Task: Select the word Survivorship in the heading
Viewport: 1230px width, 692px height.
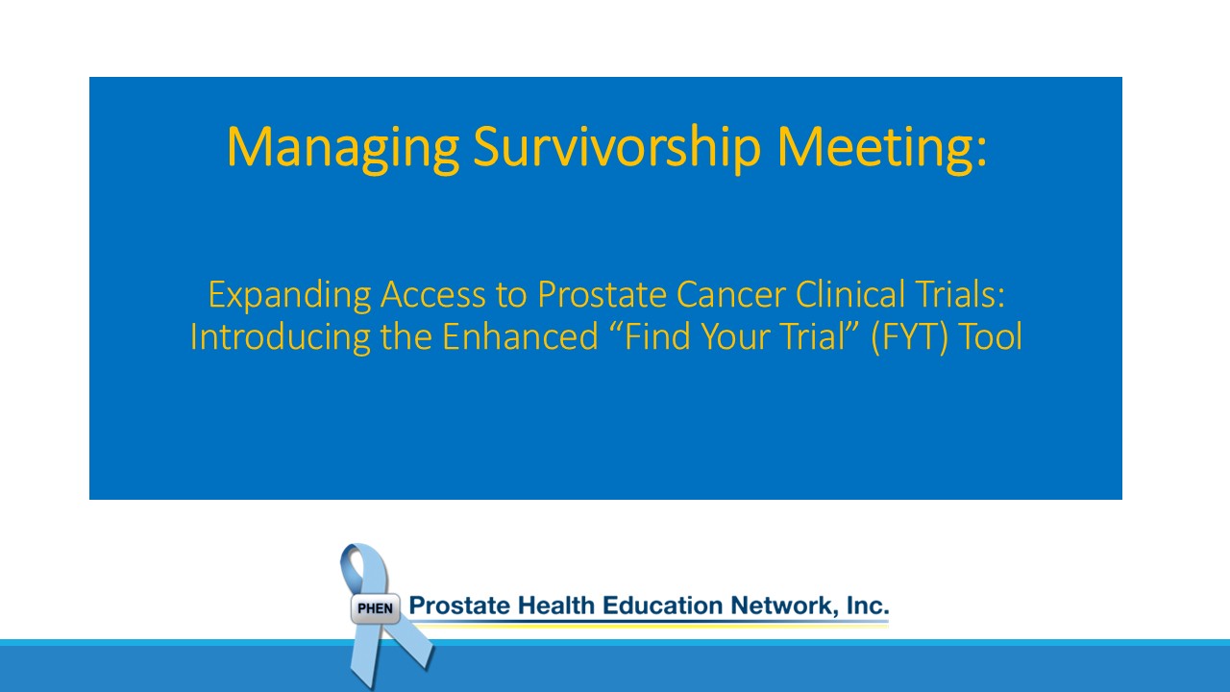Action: tap(617, 148)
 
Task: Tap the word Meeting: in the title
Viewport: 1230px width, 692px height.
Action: tap(882, 148)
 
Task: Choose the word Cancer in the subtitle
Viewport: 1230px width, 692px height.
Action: tap(731, 294)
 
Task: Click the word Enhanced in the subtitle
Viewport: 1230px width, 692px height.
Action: tap(520, 336)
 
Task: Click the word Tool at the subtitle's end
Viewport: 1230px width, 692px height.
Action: tap(990, 336)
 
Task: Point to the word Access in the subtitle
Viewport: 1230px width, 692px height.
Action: tap(433, 294)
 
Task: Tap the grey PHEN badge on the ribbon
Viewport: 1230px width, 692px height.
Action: tap(376, 608)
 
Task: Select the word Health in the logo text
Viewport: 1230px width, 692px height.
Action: tap(556, 605)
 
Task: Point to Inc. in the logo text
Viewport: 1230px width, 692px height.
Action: tap(868, 605)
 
